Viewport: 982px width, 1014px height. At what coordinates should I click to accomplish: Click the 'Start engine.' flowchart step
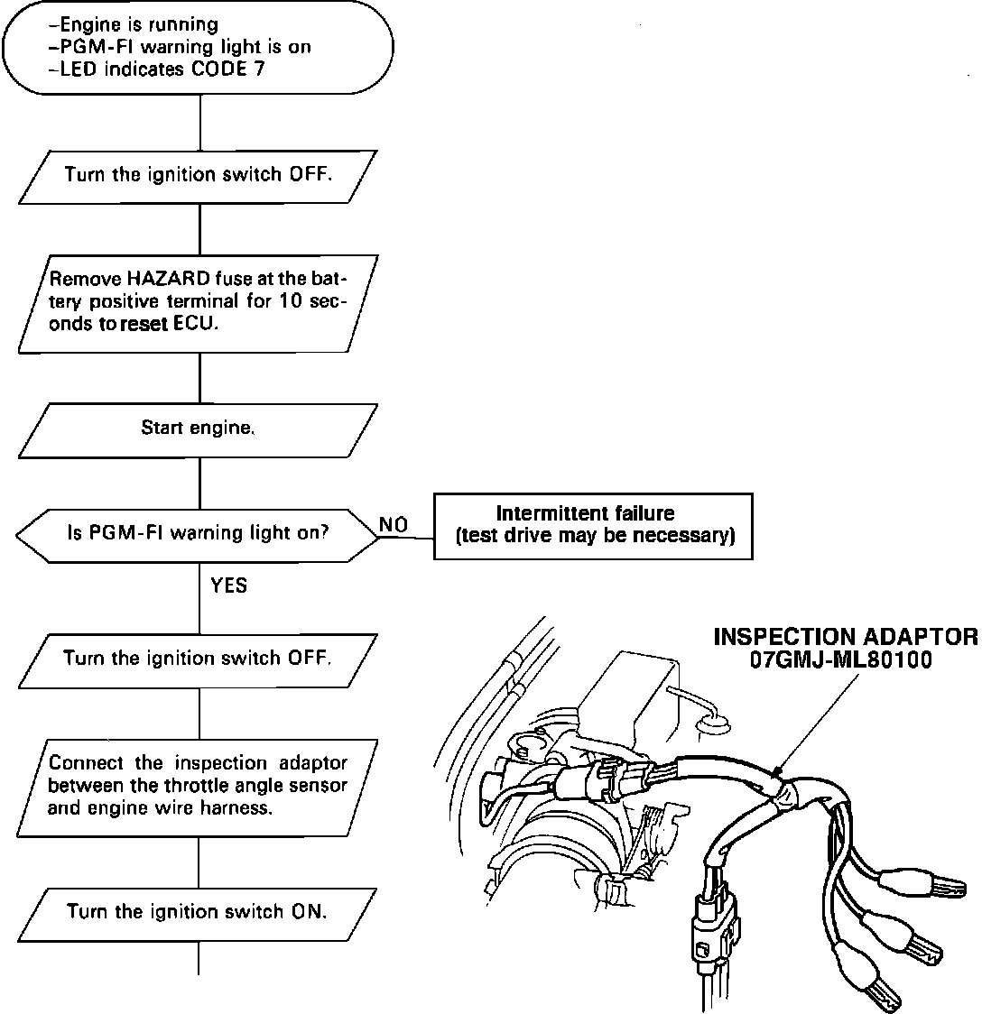coord(198,429)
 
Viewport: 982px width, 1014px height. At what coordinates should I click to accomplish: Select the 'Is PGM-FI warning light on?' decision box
coord(198,533)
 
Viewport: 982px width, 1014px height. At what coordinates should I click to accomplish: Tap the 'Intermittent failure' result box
coord(593,525)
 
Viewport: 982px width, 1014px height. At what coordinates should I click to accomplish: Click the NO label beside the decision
coord(394,523)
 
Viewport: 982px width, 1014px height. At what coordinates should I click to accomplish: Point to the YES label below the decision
coord(228,586)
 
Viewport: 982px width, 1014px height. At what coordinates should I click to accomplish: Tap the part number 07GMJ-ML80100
coord(841,659)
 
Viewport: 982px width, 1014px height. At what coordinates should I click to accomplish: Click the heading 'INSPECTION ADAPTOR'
coord(845,637)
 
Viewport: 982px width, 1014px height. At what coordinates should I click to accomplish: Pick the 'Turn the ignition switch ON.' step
coord(198,911)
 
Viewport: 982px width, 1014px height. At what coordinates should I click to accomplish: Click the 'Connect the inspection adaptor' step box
coord(198,786)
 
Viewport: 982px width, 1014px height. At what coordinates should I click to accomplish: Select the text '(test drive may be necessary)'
coord(596,536)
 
